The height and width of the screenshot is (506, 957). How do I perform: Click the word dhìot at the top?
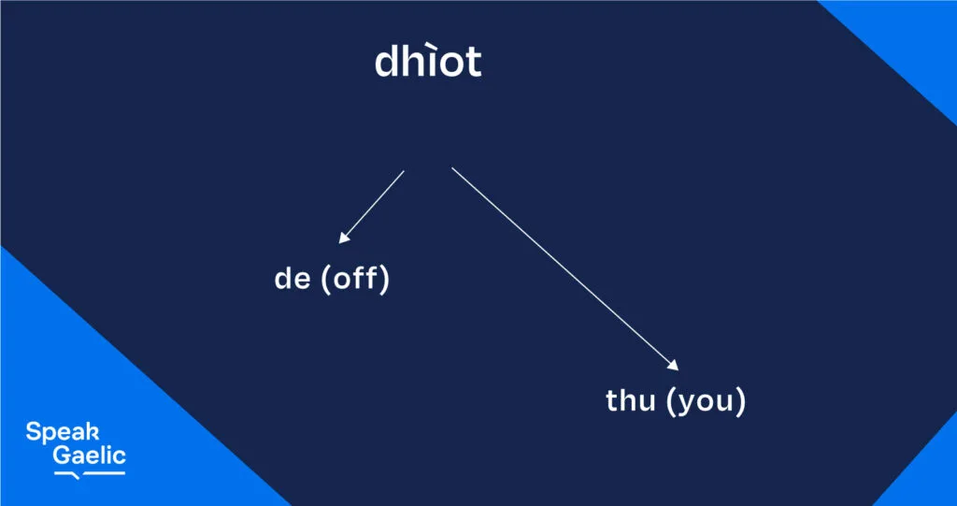428,61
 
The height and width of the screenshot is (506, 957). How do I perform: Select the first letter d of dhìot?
387,61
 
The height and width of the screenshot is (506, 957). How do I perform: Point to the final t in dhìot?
474,64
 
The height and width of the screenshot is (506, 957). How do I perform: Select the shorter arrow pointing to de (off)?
371,207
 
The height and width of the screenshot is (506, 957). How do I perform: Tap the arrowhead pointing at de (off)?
344,239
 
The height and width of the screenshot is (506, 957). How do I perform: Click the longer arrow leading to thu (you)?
565,268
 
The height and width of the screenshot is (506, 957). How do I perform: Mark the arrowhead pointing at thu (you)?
674,366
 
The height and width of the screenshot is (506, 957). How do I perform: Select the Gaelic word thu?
631,400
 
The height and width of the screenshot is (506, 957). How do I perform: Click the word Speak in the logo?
63,433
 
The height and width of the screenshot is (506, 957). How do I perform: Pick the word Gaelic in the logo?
89,455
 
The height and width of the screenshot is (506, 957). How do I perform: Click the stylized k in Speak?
93,431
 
